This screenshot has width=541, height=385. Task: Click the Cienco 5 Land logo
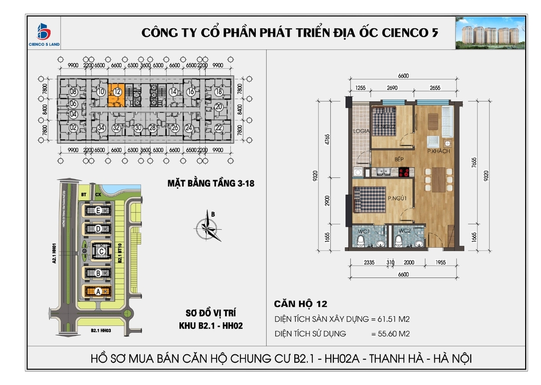tap(43, 34)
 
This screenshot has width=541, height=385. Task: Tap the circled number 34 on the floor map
tap(100, 128)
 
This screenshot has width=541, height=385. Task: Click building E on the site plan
tap(98, 210)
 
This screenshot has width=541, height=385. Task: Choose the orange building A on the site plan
tap(98, 291)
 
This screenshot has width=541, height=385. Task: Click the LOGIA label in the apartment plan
tap(362, 131)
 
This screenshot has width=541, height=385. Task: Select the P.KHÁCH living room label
tap(438, 152)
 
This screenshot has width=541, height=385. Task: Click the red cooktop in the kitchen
tap(405, 171)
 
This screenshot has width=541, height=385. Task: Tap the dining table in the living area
tap(438, 180)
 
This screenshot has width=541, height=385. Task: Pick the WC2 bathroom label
tap(405, 231)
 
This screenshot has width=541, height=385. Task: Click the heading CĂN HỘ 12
tap(301, 304)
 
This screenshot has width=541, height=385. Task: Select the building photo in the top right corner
tap(490, 33)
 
